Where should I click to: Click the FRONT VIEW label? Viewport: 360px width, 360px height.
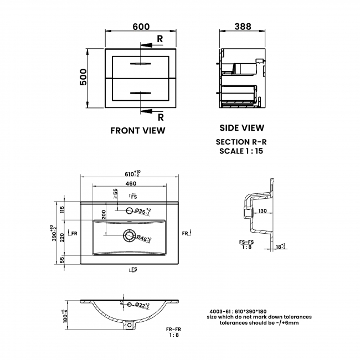coord(138,131)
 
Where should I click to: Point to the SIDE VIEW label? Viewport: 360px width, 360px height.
coord(241,128)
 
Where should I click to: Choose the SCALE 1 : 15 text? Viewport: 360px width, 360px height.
coord(241,151)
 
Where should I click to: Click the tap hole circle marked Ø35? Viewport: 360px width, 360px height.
coord(130,210)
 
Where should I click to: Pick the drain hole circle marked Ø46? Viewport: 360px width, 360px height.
coord(130,236)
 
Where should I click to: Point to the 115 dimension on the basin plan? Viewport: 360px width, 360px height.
coord(63,209)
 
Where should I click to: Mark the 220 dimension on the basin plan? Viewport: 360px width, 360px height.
coord(63,236)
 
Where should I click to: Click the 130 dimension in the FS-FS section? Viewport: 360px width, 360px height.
coord(262,210)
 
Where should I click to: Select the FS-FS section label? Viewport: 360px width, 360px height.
coord(246,242)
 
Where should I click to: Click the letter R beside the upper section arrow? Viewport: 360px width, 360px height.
coord(160,39)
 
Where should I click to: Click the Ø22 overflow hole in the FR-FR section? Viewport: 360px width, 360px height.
coord(130,305)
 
